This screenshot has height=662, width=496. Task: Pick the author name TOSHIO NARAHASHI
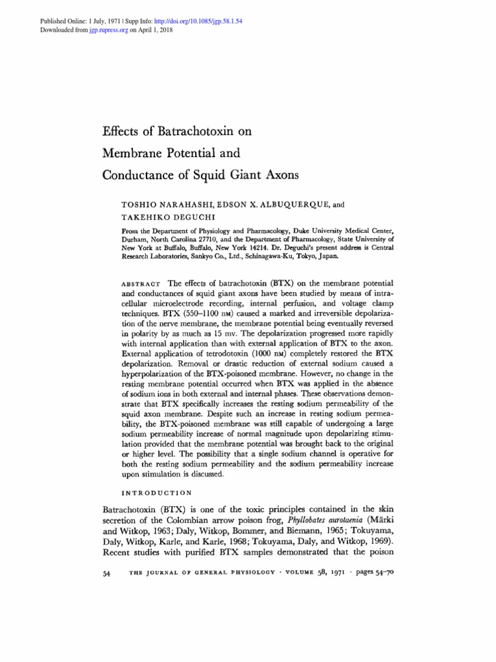click(167, 204)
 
